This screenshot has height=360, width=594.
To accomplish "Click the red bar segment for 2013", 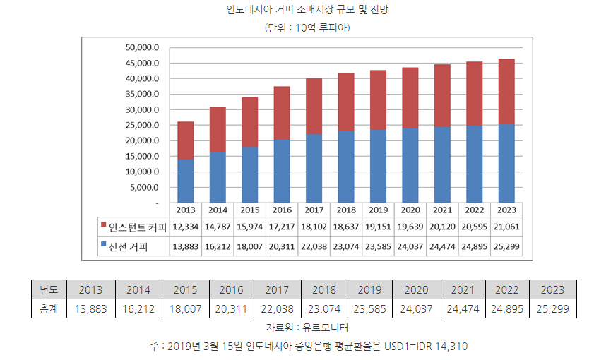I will (x=186, y=140).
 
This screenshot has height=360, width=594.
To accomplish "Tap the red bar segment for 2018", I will (x=345, y=102).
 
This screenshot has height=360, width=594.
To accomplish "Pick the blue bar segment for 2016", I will (x=281, y=171).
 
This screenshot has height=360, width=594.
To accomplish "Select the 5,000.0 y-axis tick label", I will (x=146, y=188).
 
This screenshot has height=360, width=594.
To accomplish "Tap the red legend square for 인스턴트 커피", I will (x=102, y=227).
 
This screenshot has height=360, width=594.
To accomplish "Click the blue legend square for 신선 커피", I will (x=102, y=246).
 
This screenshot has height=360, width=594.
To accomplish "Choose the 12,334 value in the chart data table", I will (x=186, y=227).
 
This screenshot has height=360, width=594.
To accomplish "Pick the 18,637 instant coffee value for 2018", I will (x=345, y=227).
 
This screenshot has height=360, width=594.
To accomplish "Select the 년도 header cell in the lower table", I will (x=49, y=289).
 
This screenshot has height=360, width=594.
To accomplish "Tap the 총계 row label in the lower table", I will (x=49, y=308).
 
